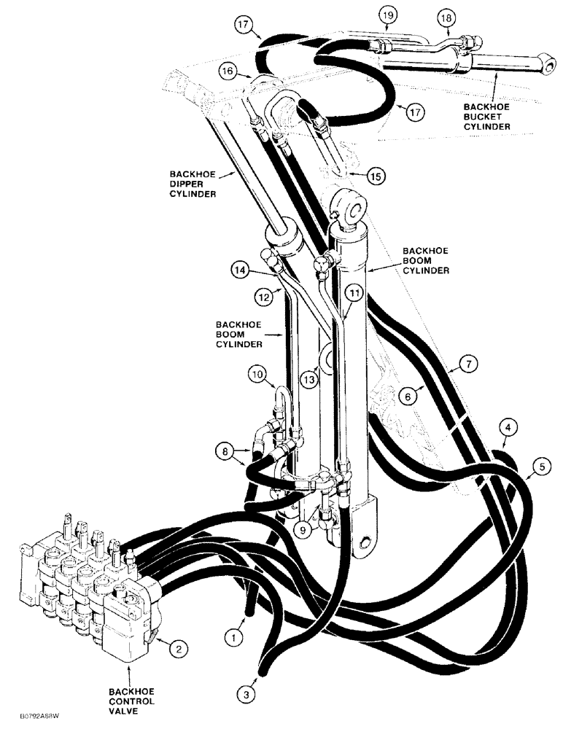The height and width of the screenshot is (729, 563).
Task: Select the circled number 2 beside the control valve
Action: (x=176, y=646)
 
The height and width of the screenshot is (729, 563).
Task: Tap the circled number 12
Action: (x=265, y=297)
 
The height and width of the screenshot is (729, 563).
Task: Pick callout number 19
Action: (x=387, y=14)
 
